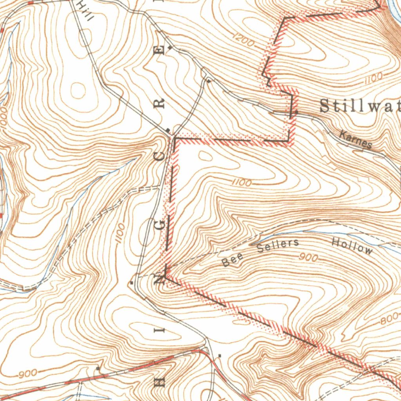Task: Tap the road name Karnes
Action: click(356, 140)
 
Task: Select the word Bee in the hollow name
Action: click(231, 260)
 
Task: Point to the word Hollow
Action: click(352, 246)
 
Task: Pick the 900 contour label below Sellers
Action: click(309, 257)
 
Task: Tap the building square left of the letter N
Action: click(132, 282)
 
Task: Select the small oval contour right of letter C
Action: click(204, 155)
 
